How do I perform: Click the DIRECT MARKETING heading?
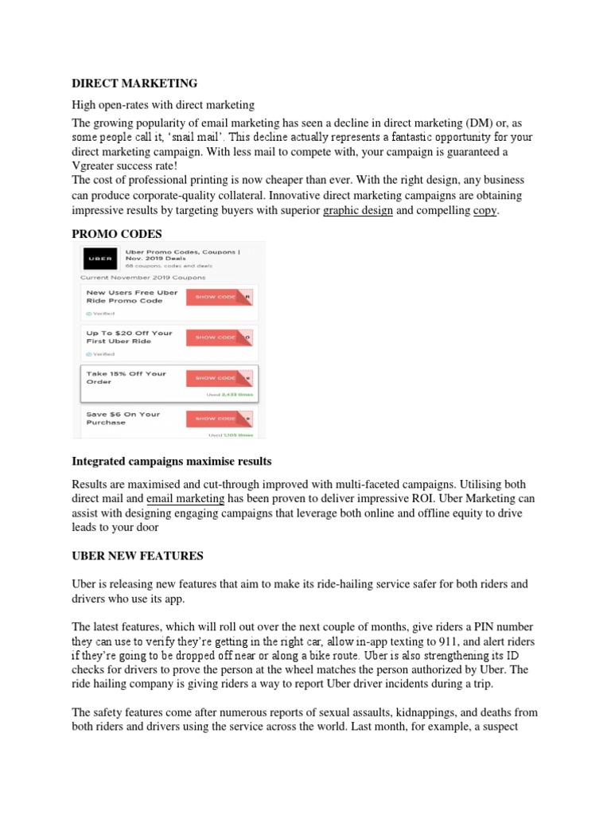pyautogui.click(x=134, y=84)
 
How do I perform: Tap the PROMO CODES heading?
pyautogui.click(x=117, y=233)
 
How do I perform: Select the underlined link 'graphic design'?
pyautogui.click(x=357, y=211)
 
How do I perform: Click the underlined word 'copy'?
pyautogui.click(x=485, y=211)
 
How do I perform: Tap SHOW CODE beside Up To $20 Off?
pyautogui.click(x=220, y=337)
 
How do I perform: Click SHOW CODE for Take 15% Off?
pyautogui.click(x=220, y=378)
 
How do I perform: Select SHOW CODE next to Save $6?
pyautogui.click(x=220, y=419)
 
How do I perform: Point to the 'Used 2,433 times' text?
pyautogui.click(x=231, y=394)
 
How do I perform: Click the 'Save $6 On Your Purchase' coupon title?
pyautogui.click(x=123, y=418)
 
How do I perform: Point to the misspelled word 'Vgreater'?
pyautogui.click(x=96, y=166)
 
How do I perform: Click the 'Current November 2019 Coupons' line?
pyautogui.click(x=142, y=277)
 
